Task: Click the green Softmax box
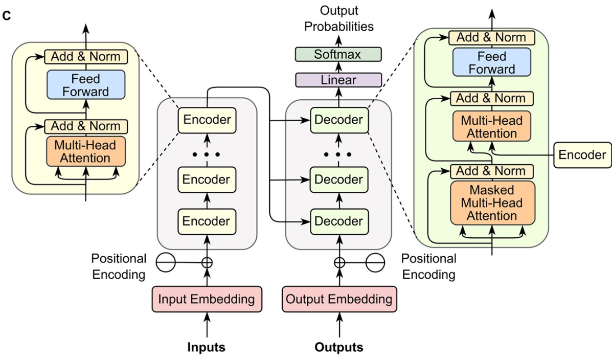click(x=338, y=54)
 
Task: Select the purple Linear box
click(x=338, y=80)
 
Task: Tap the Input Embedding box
click(x=207, y=299)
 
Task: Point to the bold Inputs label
click(x=207, y=347)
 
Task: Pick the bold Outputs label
click(x=338, y=347)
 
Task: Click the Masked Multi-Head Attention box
click(x=492, y=202)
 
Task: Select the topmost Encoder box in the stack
click(x=207, y=120)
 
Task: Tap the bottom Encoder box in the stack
click(x=207, y=221)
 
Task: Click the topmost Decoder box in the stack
click(x=338, y=120)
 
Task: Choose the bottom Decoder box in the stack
click(x=338, y=221)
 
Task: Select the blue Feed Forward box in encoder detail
click(x=86, y=85)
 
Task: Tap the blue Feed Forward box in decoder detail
click(x=492, y=62)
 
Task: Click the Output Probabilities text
click(x=339, y=18)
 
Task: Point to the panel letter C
click(x=7, y=16)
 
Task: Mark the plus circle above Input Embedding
click(x=207, y=263)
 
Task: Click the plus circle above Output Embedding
click(x=338, y=263)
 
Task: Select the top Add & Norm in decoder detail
click(x=492, y=37)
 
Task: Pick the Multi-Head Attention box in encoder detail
click(x=86, y=151)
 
